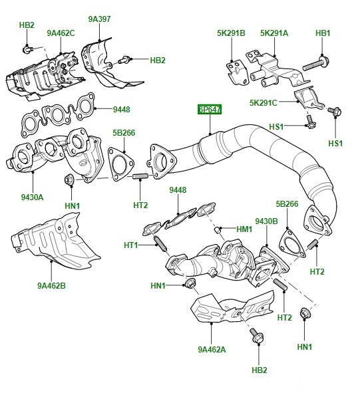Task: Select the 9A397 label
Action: pos(99,19)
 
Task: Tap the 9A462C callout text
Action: pos(61,32)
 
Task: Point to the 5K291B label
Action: pos(231,32)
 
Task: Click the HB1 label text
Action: pos(322,32)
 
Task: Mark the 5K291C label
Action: pos(264,102)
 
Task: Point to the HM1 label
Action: pos(244,229)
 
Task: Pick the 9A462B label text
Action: pos(52,287)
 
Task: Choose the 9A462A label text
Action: pos(212,348)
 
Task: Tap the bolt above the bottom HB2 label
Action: pos(256,337)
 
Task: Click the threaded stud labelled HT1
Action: pos(159,244)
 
